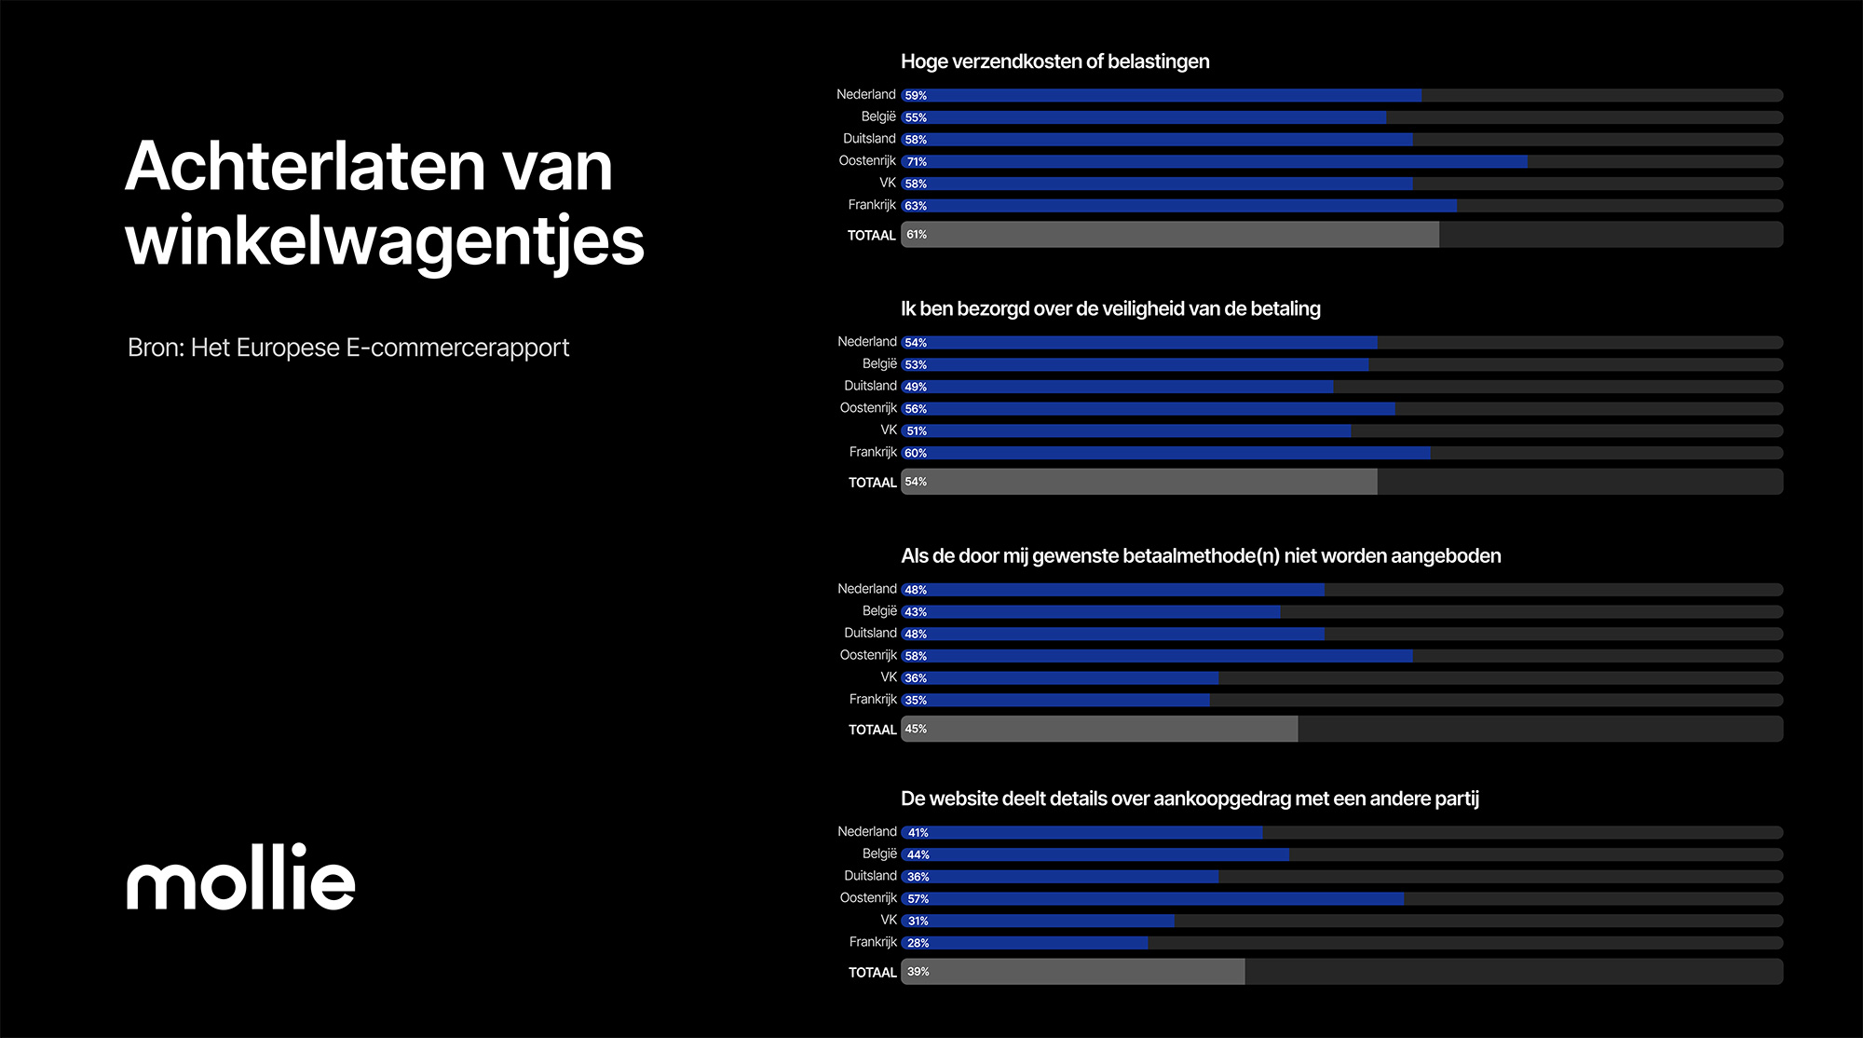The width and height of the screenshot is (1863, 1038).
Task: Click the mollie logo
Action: [x=240, y=878]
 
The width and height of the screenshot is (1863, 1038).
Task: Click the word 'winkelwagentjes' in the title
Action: [x=384, y=240]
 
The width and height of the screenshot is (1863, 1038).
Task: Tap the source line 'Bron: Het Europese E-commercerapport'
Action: [x=347, y=348]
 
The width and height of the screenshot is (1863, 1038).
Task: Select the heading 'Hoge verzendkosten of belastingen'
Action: [x=1054, y=61]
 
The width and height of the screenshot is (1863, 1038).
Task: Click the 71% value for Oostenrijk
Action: [x=917, y=161]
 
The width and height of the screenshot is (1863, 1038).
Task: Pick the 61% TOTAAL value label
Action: [x=917, y=235]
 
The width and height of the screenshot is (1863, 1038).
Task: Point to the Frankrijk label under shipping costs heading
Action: [x=872, y=205]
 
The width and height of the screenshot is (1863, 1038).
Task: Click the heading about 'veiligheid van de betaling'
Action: [x=1110, y=308]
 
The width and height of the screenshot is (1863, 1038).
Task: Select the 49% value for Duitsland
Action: [x=916, y=387]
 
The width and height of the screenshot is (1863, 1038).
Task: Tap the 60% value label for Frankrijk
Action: [x=916, y=453]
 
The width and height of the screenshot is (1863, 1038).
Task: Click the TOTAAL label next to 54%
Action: [x=872, y=483]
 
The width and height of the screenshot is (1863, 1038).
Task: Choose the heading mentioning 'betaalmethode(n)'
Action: [x=1201, y=555]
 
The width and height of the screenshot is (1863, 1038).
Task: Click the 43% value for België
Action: [x=916, y=612]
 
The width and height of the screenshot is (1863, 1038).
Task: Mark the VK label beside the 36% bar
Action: [x=888, y=677]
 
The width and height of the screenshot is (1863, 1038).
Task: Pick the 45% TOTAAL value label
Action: [x=916, y=729]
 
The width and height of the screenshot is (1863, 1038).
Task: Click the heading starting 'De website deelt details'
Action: [x=1190, y=799]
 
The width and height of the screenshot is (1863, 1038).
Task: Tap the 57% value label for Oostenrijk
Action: [x=918, y=899]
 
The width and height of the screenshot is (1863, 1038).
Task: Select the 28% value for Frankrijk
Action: [x=918, y=943]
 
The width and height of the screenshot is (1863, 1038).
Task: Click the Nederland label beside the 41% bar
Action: [x=866, y=832]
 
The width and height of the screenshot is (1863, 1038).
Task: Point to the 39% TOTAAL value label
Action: [x=918, y=972]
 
